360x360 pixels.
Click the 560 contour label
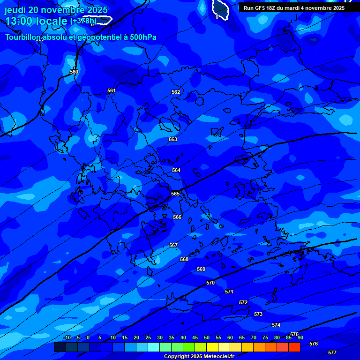point(74,72)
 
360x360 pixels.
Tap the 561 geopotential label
point(112,90)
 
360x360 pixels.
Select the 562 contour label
point(176,92)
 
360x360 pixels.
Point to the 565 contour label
point(175,194)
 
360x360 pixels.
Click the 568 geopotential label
point(184,259)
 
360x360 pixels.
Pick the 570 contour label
point(210,283)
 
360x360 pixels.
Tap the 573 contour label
point(258,314)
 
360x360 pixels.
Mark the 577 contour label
point(332,352)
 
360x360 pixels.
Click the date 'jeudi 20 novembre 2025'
point(56,10)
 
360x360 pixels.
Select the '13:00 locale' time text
point(36,21)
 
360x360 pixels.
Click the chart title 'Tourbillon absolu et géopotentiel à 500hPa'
point(81,37)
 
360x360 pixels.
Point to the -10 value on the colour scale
point(67,337)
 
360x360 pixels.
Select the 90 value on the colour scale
point(300,337)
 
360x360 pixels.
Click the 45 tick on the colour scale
point(195,337)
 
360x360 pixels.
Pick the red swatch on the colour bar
point(294,347)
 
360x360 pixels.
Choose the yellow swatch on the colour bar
point(212,347)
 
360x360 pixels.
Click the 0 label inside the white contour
point(217,17)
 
